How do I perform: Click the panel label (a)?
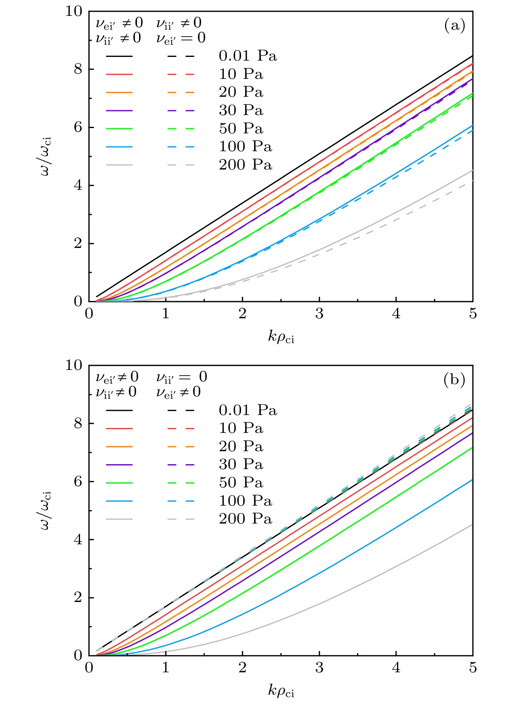(454, 26)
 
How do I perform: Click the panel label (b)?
(454, 380)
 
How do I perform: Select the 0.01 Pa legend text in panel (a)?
(248, 56)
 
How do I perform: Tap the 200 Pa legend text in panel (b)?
(245, 519)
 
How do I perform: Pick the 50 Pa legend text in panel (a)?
(241, 128)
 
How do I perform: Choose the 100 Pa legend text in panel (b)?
(245, 501)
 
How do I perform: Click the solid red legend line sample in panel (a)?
(119, 74)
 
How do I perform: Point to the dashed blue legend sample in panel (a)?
(181, 147)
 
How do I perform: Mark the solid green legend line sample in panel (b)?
(119, 483)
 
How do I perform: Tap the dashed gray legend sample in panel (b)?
(181, 519)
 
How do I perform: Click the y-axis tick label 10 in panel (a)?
(74, 11)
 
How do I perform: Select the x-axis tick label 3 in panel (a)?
(319, 314)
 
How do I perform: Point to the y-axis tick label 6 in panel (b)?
(78, 482)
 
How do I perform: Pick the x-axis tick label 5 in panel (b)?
(473, 668)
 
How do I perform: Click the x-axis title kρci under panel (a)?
(281, 337)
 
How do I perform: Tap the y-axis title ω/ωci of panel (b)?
(46, 510)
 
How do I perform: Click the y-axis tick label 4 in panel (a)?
(78, 186)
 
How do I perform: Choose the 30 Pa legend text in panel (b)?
(241, 465)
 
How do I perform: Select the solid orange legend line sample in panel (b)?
(119, 447)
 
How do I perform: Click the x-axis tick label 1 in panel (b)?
(166, 668)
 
